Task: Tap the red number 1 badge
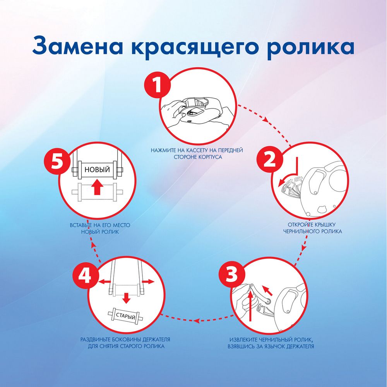point(157,86)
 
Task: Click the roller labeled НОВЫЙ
point(97,170)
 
